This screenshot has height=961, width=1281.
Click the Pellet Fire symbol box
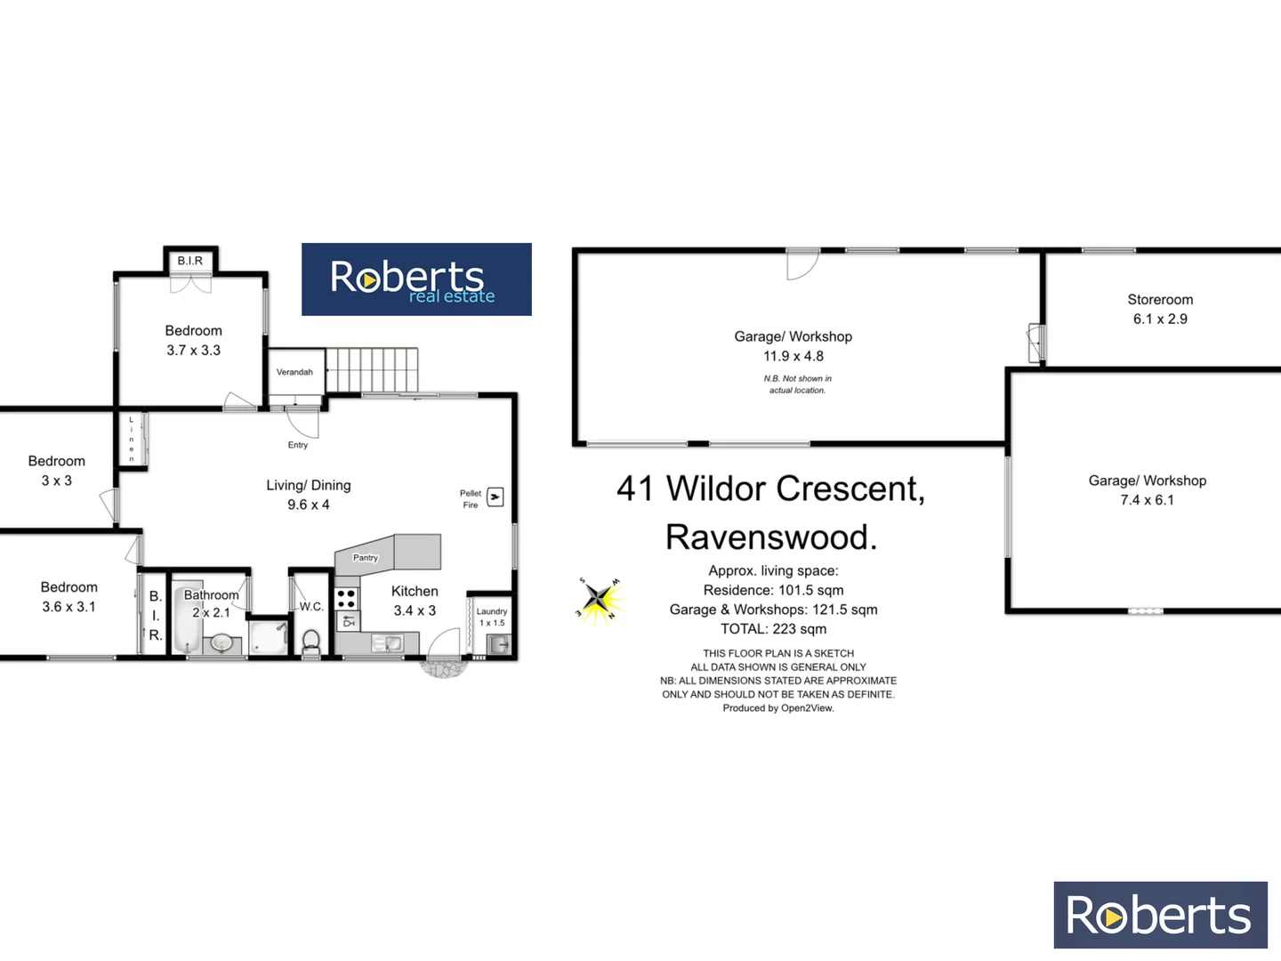point(495,497)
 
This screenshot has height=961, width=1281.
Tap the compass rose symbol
point(600,599)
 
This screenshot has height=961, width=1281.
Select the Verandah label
point(294,372)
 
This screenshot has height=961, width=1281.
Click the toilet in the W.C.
point(311,641)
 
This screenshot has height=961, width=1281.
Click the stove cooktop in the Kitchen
point(347,598)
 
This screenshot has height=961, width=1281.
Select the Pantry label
point(366,558)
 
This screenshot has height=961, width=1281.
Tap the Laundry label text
point(492,611)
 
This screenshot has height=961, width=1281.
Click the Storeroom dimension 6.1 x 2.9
point(1160,319)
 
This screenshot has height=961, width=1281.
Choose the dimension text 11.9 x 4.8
point(794,356)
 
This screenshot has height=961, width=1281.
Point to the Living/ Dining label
point(309,485)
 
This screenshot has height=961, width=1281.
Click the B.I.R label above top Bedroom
point(190,261)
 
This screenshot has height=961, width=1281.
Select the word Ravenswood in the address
point(771,537)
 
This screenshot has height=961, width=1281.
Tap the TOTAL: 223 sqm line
point(773,629)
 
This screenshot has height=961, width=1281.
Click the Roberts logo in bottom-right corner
point(1160,915)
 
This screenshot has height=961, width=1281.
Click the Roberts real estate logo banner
point(416,279)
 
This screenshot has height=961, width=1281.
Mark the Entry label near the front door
point(298,445)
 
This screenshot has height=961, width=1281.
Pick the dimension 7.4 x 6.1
point(1147,500)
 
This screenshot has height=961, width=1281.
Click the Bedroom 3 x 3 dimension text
point(57,480)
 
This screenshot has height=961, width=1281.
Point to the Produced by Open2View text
point(778,708)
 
